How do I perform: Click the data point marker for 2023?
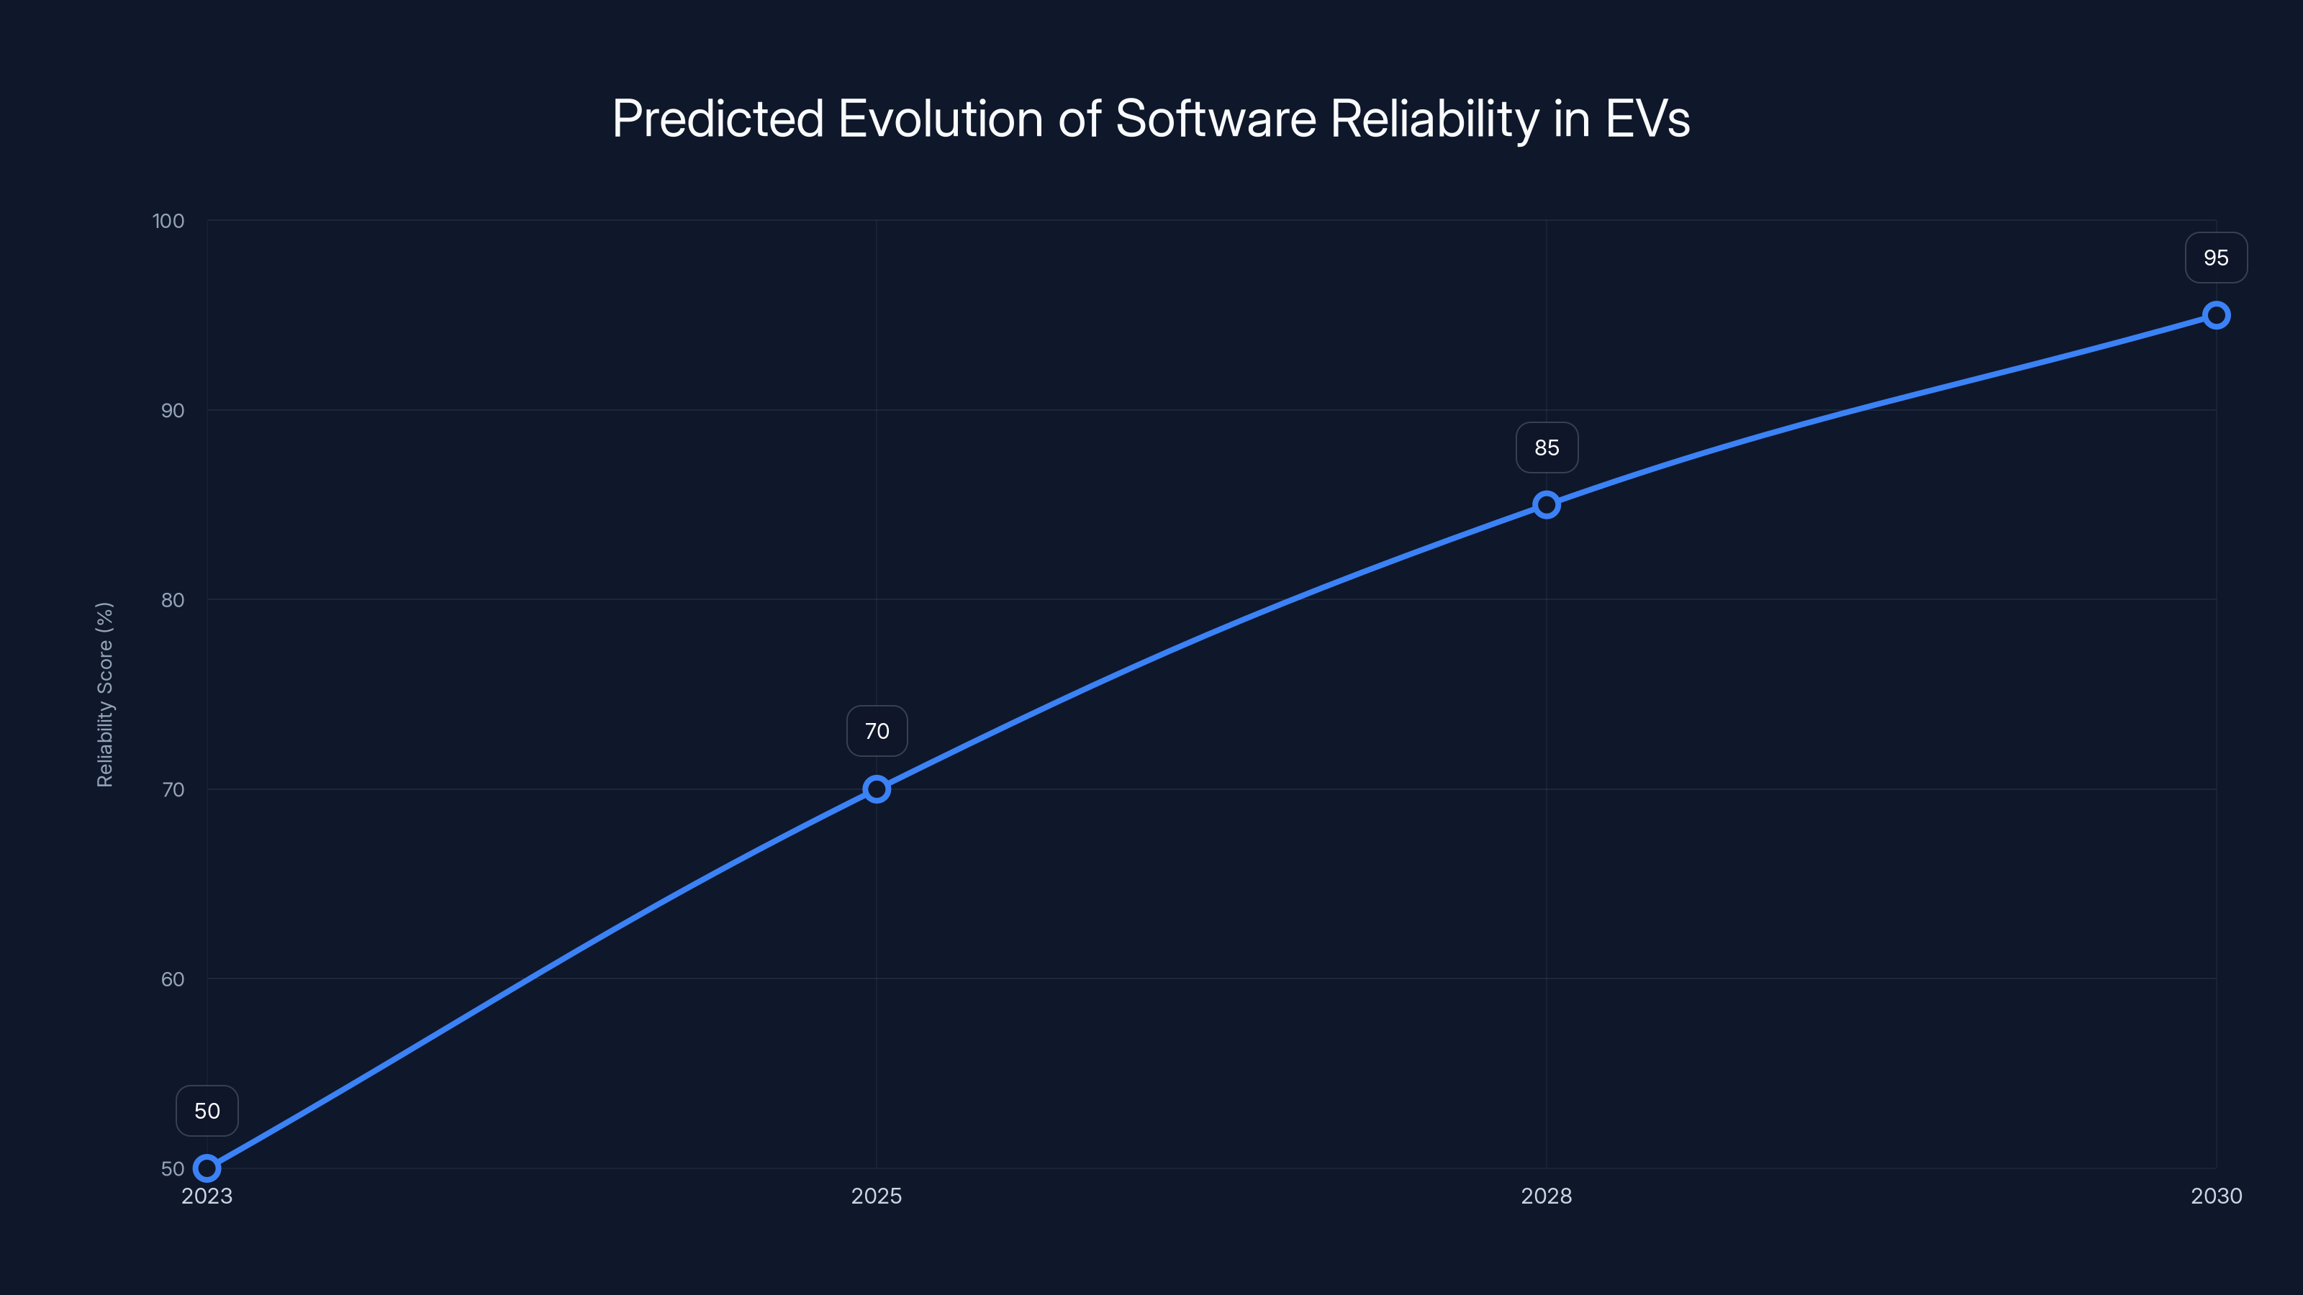click(207, 1168)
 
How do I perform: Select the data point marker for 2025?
click(876, 789)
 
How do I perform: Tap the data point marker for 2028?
click(1547, 505)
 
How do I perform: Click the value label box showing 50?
click(207, 1111)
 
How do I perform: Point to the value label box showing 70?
click(876, 731)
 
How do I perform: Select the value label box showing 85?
click(1547, 447)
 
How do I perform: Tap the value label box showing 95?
click(2215, 258)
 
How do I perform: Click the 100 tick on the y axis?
click(168, 221)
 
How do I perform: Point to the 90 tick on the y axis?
click(173, 410)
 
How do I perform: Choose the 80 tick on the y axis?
click(173, 600)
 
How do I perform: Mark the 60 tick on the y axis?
click(173, 978)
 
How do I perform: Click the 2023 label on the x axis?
click(207, 1196)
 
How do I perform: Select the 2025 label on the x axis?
click(876, 1196)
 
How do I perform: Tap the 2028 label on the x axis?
click(1547, 1196)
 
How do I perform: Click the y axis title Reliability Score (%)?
click(104, 694)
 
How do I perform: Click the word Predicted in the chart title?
click(717, 119)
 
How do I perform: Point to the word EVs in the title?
click(1647, 119)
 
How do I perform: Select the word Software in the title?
click(1216, 119)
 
